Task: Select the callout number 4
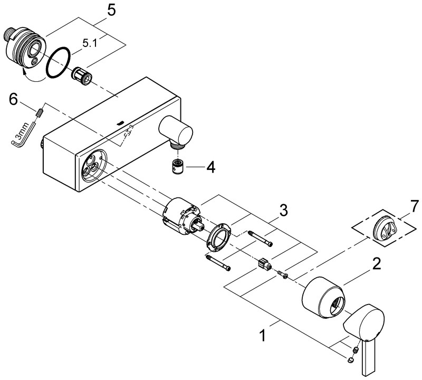210,168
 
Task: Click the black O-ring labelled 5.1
58,62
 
